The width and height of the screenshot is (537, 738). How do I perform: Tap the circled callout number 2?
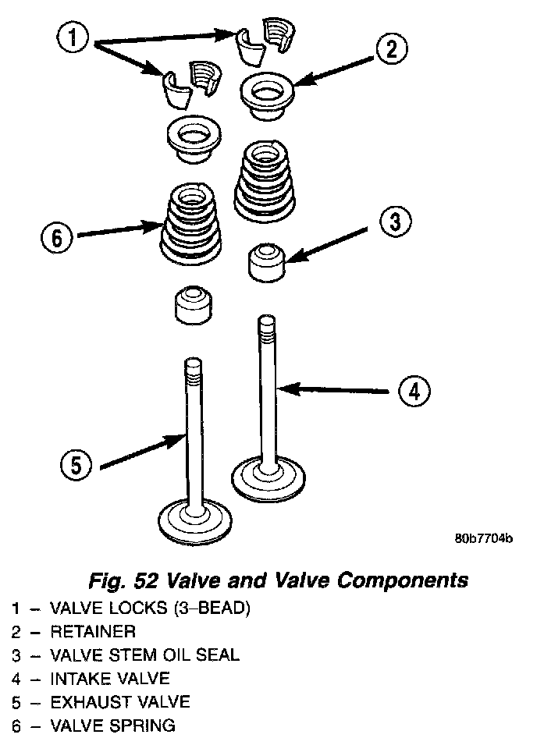click(x=390, y=50)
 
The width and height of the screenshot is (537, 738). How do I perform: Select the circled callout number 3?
click(x=395, y=222)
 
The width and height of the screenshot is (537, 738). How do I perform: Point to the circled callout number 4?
click(x=414, y=390)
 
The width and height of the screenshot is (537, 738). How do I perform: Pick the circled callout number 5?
click(x=76, y=466)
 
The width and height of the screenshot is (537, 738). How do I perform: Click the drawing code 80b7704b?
click(x=483, y=539)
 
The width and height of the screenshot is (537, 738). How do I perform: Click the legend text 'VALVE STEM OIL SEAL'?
click(x=144, y=655)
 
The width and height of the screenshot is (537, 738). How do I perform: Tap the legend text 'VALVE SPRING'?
click(x=112, y=726)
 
